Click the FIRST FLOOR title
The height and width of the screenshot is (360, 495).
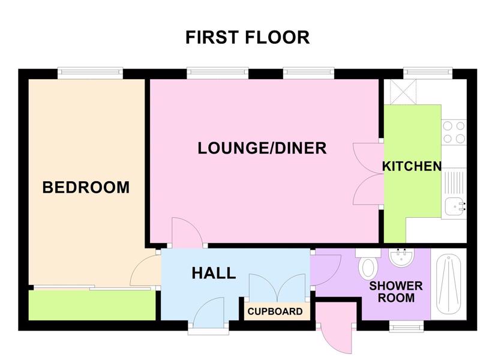(247, 37)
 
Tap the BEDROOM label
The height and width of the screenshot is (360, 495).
(86, 187)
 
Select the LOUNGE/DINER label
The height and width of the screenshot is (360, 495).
(262, 148)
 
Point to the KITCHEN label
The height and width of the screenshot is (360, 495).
(412, 166)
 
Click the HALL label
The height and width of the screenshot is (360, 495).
(214, 273)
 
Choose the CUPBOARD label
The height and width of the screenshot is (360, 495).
(275, 311)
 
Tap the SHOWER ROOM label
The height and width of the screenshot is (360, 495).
(396, 292)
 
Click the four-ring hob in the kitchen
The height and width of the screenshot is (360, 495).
(454, 133)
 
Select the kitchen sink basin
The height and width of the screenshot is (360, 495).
(455, 206)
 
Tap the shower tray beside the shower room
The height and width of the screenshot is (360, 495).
(449, 284)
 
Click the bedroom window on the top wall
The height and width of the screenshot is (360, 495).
(90, 73)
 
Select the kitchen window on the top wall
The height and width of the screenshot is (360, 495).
(428, 73)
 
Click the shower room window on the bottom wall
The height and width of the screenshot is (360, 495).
(406, 326)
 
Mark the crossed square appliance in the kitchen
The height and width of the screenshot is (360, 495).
(403, 92)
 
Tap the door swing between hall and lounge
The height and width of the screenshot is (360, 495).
(186, 232)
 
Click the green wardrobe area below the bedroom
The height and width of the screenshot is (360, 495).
(92, 305)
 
